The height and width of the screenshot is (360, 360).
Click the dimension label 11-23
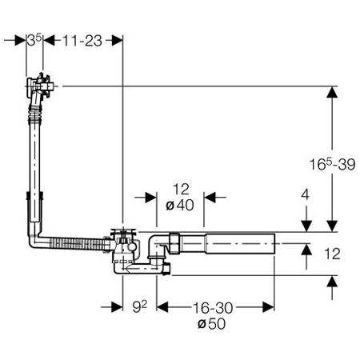click(82, 41)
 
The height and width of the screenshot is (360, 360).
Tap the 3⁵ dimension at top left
click(34, 41)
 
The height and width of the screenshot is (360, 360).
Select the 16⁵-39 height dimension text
click(332, 164)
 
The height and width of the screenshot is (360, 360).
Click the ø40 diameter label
click(180, 206)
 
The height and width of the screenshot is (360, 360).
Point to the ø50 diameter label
click(212, 324)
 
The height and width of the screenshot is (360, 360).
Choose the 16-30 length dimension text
click(213, 308)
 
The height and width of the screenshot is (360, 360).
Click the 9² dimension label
click(140, 306)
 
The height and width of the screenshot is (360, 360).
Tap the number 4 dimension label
click(305, 194)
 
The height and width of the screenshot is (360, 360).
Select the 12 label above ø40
click(181, 190)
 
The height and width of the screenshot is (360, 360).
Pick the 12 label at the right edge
click(332, 254)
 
